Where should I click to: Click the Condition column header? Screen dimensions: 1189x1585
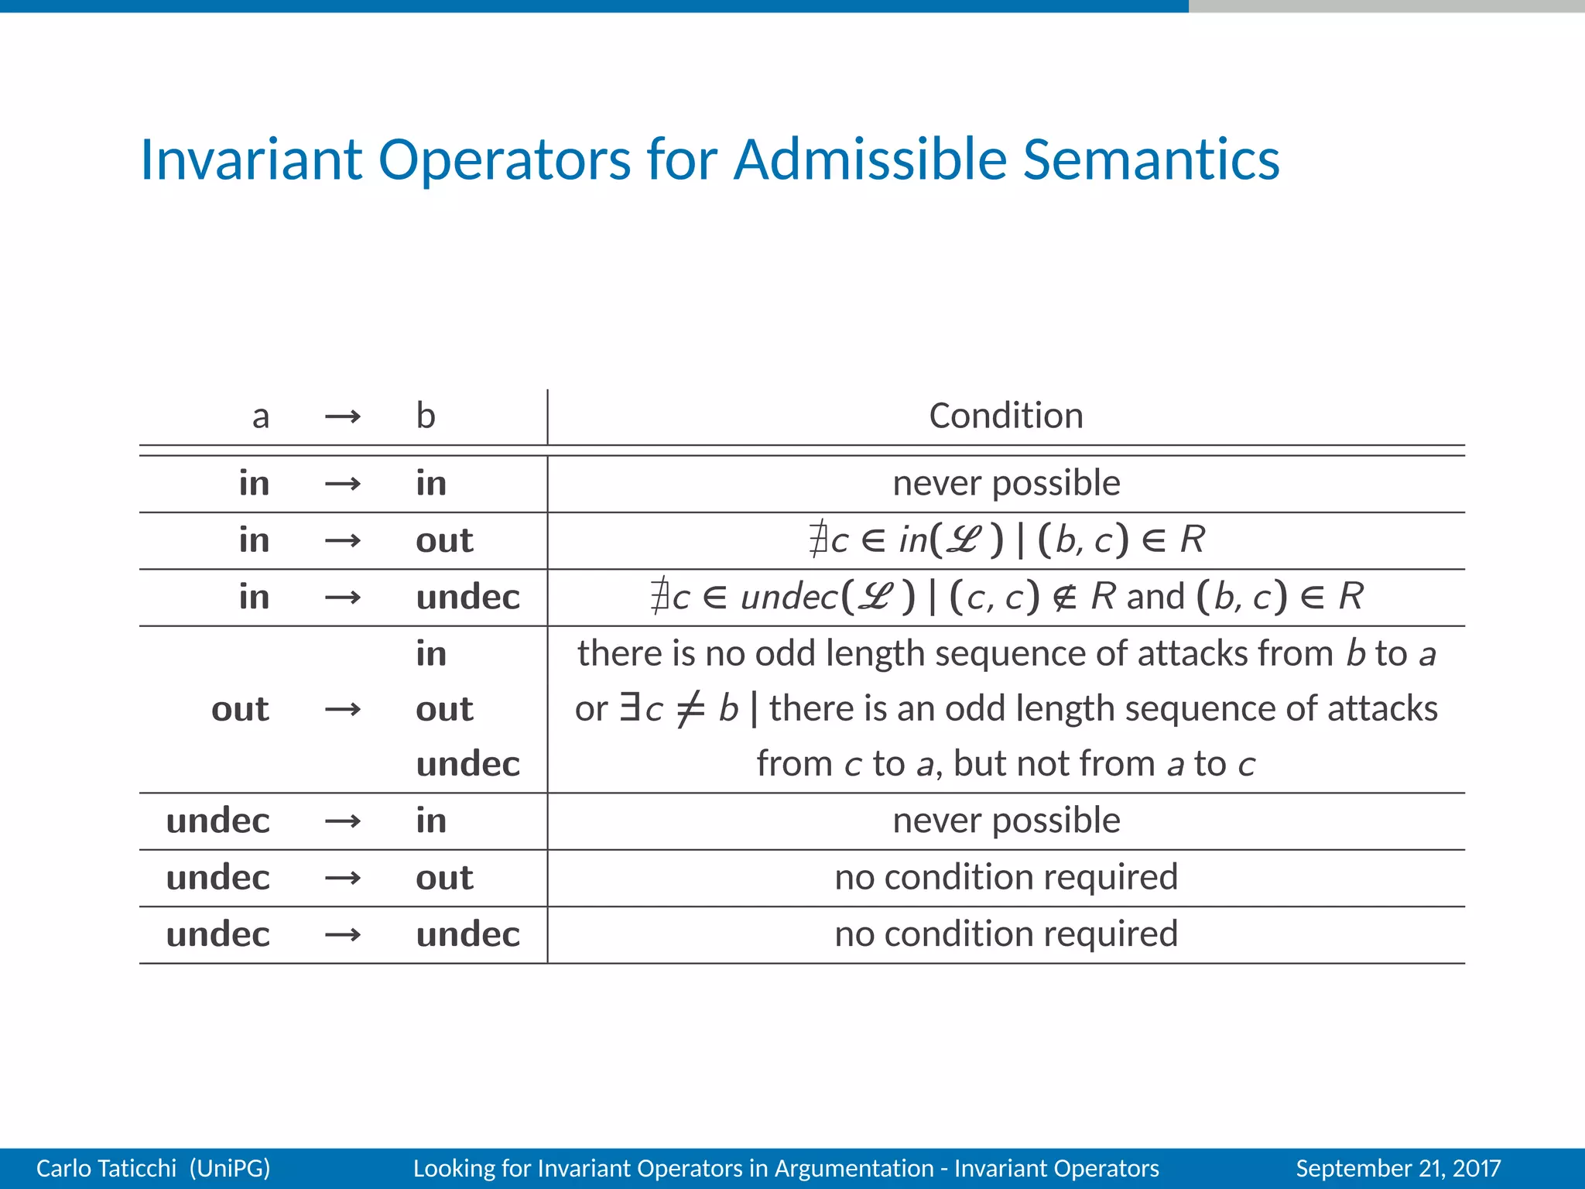click(1005, 416)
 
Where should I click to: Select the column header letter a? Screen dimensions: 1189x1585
click(261, 416)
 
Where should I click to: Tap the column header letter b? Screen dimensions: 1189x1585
click(426, 416)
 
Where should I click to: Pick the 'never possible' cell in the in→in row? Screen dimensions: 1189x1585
click(1005, 483)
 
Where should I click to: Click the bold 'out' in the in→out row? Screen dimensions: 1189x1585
click(443, 540)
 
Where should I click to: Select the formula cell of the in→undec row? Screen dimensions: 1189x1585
click(1005, 597)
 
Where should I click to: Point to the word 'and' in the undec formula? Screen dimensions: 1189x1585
click(1155, 597)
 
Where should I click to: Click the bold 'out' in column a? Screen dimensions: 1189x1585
click(240, 709)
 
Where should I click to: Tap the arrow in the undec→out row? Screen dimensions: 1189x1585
click(343, 878)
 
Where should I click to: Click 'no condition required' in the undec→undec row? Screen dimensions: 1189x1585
click(1005, 934)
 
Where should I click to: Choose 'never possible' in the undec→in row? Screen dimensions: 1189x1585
click(1005, 821)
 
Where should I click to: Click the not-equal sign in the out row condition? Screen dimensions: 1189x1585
click(690, 709)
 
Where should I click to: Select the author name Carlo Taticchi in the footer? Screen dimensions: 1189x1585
click(106, 1168)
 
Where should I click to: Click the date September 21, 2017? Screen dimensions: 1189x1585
click(1398, 1168)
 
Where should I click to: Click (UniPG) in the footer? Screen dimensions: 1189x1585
click(230, 1168)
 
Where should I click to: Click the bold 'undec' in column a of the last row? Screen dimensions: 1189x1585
click(217, 934)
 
